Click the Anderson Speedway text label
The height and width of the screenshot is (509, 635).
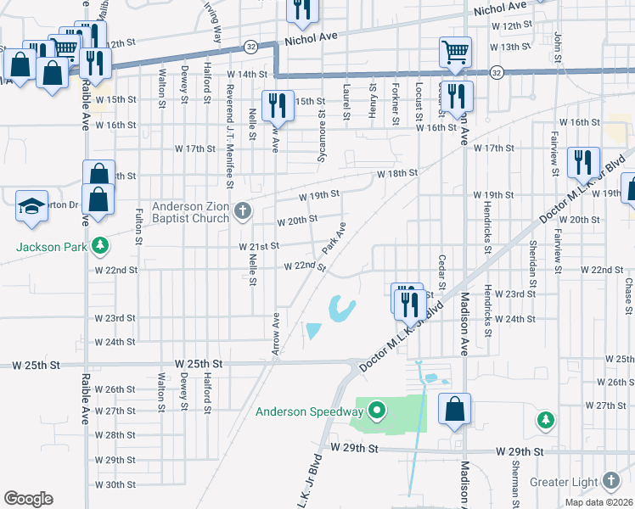(310, 413)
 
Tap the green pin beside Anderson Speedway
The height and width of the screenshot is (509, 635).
(376, 413)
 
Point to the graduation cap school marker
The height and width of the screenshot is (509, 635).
(32, 206)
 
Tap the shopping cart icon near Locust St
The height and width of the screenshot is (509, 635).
(455, 51)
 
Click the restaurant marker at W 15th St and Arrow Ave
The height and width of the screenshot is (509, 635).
(278, 105)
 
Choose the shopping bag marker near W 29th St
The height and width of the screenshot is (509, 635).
(455, 409)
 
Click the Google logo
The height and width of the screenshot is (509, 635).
(28, 499)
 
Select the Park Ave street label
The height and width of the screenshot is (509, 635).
(334, 239)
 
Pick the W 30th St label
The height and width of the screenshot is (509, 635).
(115, 484)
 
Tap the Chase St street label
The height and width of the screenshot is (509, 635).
(629, 295)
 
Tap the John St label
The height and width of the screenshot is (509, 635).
(558, 46)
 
